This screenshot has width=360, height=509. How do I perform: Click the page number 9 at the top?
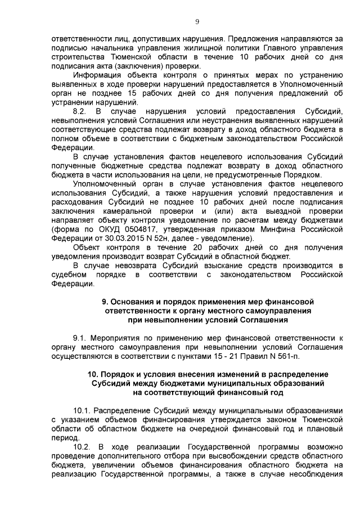[x=197, y=22]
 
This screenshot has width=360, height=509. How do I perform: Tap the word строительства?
[x=76, y=58]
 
